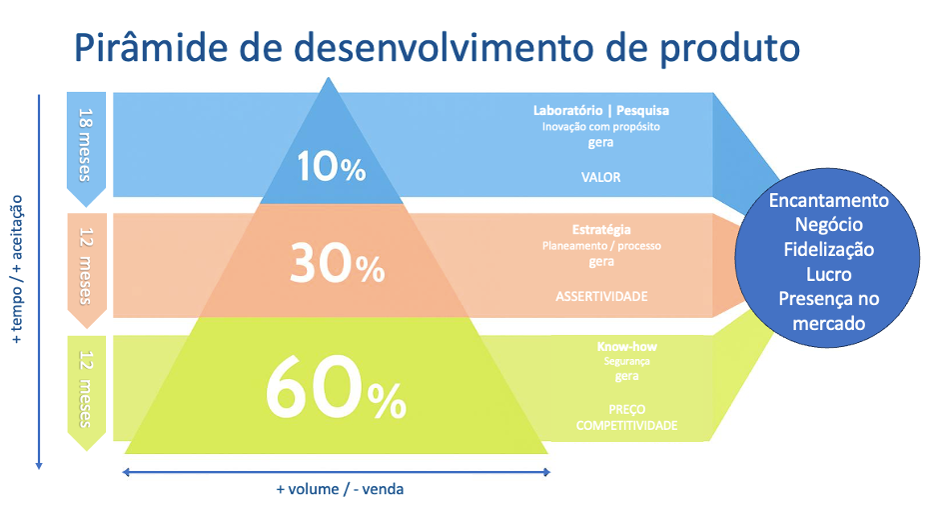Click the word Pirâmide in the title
(x=151, y=47)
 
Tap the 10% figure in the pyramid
(x=332, y=166)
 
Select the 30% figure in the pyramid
(x=337, y=263)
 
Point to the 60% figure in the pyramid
(x=336, y=387)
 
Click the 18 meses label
(x=86, y=145)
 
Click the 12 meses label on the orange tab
(x=86, y=266)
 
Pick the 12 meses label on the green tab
(x=86, y=389)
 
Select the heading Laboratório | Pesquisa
(x=601, y=110)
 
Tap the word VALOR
(x=600, y=177)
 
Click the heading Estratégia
(x=601, y=229)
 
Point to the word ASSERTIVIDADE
(x=601, y=296)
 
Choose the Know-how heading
(x=627, y=347)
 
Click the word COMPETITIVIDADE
(x=627, y=425)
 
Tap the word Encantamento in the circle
(x=829, y=200)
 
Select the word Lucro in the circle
(x=829, y=274)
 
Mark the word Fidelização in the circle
(x=829, y=250)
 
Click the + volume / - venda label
(x=340, y=489)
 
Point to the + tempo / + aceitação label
(x=17, y=269)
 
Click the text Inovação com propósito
(x=601, y=127)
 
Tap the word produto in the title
(x=729, y=48)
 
